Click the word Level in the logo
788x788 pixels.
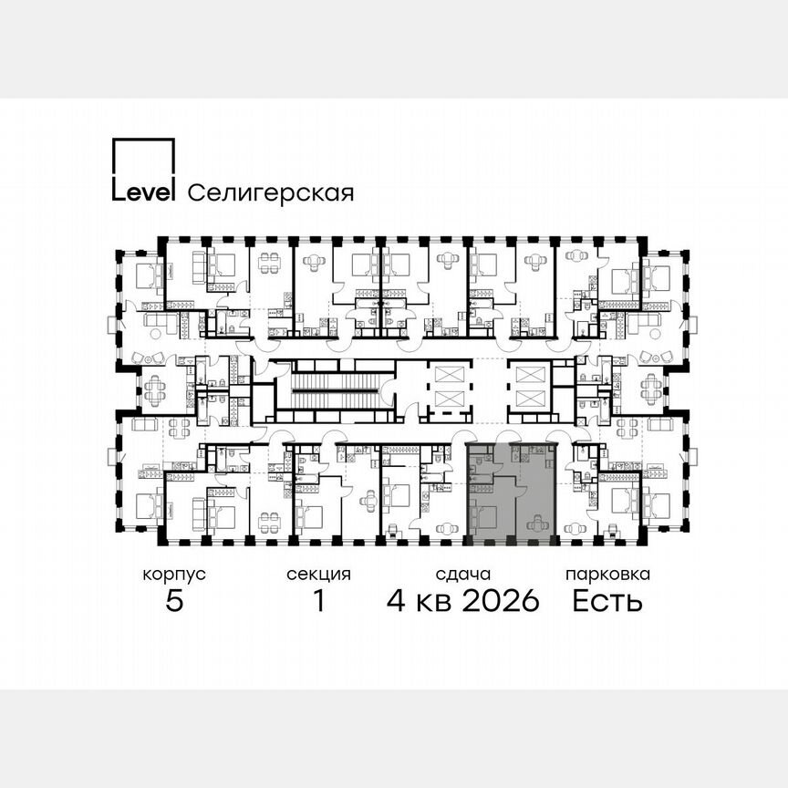[x=142, y=192]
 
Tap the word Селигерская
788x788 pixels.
[x=269, y=193]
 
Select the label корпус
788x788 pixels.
[x=174, y=575]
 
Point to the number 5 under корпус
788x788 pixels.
[x=174, y=602]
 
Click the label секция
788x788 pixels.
[x=318, y=575]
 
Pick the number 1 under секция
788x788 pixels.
[x=318, y=602]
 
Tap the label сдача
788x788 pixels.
[x=463, y=575]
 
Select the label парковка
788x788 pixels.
[x=607, y=575]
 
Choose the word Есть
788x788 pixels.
[x=607, y=602]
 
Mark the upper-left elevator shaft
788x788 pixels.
[x=450, y=374]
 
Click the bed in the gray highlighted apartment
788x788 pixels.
[x=483, y=517]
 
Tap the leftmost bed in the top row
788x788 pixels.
[x=146, y=272]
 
